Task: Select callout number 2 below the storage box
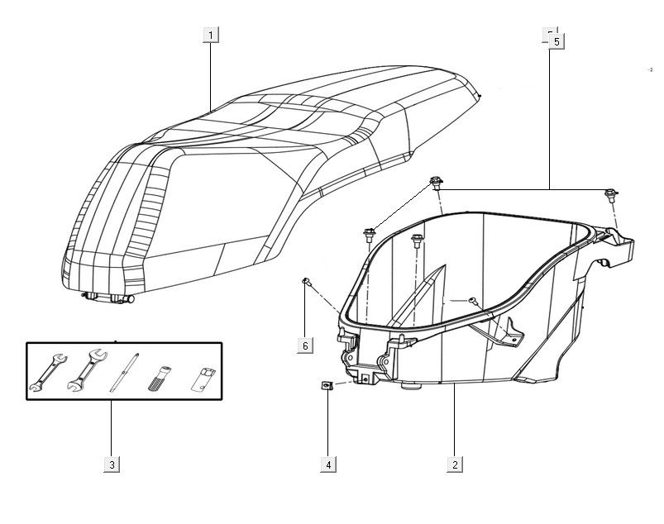pyautogui.click(x=454, y=464)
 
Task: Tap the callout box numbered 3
pyautogui.click(x=112, y=464)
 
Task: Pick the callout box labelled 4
pyautogui.click(x=328, y=464)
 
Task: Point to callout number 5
pyautogui.click(x=556, y=40)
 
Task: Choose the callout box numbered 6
pyautogui.click(x=305, y=345)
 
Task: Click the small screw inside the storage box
pyautogui.click(x=470, y=300)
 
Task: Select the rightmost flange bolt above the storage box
pyautogui.click(x=611, y=195)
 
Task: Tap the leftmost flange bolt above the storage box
pyautogui.click(x=370, y=234)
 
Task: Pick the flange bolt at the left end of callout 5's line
pyautogui.click(x=434, y=183)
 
